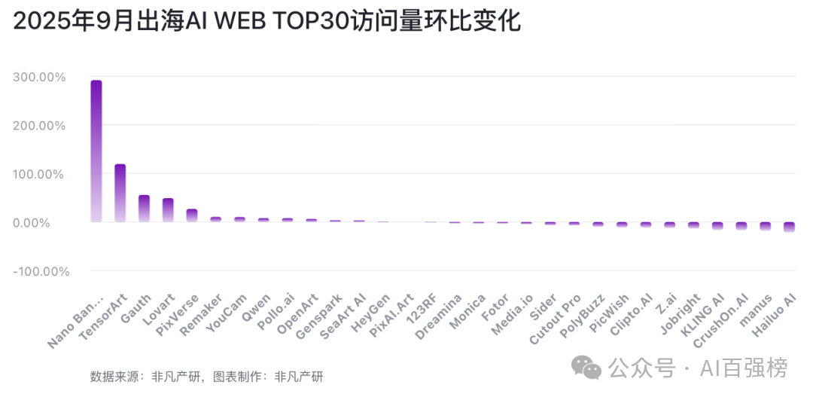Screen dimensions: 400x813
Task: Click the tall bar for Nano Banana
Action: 96,151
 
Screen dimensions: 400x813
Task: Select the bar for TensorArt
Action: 120,193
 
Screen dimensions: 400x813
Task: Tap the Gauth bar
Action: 144,208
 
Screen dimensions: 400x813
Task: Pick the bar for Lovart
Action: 168,209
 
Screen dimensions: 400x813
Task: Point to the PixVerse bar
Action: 192,215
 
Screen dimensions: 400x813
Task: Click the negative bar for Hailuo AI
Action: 789,227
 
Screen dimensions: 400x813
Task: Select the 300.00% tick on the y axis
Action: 39,77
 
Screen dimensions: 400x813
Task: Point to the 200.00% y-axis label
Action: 39,126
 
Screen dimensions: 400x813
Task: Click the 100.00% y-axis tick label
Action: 39,174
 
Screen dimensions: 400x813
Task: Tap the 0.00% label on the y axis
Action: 44,223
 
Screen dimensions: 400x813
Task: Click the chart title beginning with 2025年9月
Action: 266,22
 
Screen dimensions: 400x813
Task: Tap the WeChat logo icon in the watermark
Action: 586,368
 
